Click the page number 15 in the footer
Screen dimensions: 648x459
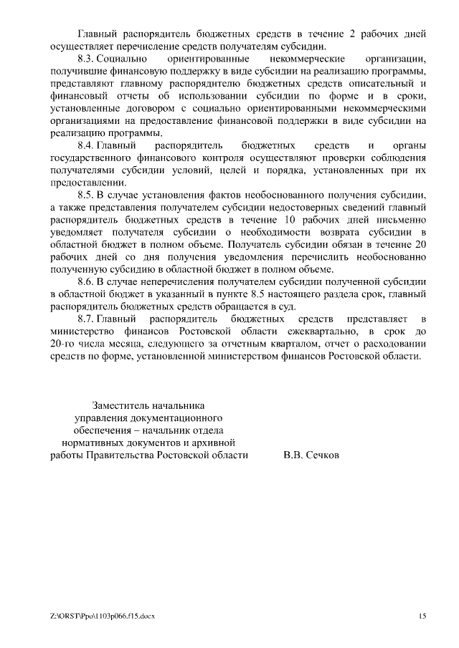pos(423,616)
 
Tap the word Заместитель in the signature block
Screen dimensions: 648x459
pos(124,406)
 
